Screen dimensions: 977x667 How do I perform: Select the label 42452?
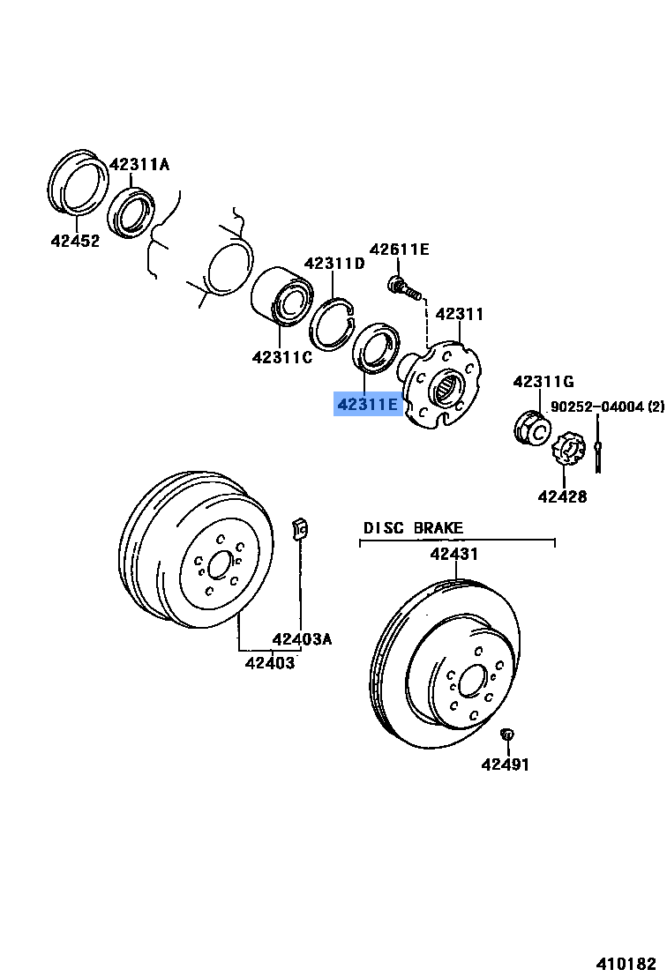point(75,240)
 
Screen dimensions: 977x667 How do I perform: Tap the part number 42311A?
point(139,164)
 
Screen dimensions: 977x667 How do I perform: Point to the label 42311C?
point(281,357)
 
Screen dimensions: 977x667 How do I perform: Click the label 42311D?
point(334,263)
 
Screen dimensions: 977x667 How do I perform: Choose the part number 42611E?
point(399,250)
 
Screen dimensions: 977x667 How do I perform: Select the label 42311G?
point(543,382)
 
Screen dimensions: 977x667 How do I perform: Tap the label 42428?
point(562,496)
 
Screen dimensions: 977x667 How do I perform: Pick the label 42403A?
point(302,639)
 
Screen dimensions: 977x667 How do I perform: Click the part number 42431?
point(453,555)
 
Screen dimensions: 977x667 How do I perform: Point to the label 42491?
point(506,764)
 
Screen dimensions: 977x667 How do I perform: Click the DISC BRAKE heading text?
point(413,528)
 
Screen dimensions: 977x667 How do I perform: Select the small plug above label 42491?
point(506,734)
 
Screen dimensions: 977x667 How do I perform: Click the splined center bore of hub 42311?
point(448,385)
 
